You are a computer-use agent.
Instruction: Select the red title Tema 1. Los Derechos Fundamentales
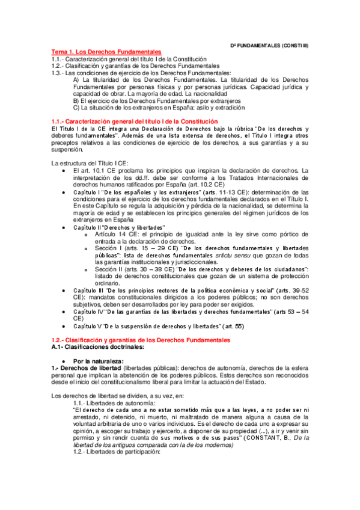point(106,52)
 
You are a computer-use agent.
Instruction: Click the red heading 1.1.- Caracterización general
point(133,122)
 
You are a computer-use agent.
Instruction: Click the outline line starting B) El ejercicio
point(156,101)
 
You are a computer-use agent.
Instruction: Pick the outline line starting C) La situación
point(159,108)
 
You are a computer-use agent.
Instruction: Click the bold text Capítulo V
point(87,326)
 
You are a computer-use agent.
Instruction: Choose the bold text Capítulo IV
point(88,312)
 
